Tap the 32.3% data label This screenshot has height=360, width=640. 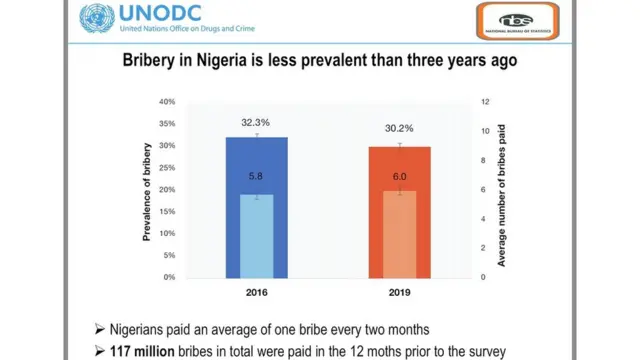256,122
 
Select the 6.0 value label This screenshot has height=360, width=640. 399,176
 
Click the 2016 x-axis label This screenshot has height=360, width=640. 256,293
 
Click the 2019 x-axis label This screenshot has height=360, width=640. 399,293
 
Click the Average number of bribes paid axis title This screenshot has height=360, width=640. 503,190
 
